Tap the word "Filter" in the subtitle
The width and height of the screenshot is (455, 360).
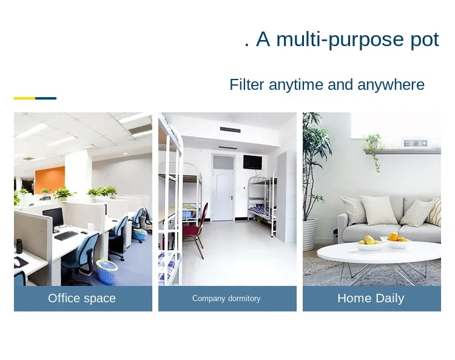coord(247,85)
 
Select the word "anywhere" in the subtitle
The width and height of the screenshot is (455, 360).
coord(391,86)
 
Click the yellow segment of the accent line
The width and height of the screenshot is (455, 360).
coord(24,98)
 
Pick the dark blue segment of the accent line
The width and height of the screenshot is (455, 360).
coord(45,98)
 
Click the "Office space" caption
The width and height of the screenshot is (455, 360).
coord(82,299)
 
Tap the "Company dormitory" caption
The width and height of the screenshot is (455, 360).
coord(226,299)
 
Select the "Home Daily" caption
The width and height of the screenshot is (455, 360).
coord(371,299)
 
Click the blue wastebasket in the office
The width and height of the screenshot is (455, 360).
coord(107,272)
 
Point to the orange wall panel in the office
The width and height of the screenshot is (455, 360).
coord(50,180)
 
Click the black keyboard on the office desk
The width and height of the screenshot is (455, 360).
coord(66,236)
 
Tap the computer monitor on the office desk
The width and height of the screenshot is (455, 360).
coord(53,218)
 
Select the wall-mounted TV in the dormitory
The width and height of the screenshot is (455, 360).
coord(252,162)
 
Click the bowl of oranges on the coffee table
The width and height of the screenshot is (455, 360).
coord(397,241)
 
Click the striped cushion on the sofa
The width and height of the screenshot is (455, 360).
coord(434,212)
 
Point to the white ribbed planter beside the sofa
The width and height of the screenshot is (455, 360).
coord(310,234)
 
